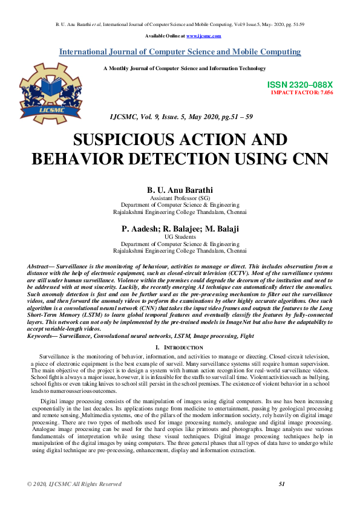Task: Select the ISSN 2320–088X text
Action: pyautogui.click(x=299, y=86)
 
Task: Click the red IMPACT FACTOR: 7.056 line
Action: pyautogui.click(x=301, y=94)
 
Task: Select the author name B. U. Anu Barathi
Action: pyautogui.click(x=180, y=190)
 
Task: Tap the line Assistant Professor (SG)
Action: pyautogui.click(x=180, y=198)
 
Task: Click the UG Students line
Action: pyautogui.click(x=180, y=236)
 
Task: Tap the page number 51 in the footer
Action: pyautogui.click(x=281, y=501)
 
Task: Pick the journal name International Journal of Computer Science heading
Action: pyautogui.click(x=180, y=52)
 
